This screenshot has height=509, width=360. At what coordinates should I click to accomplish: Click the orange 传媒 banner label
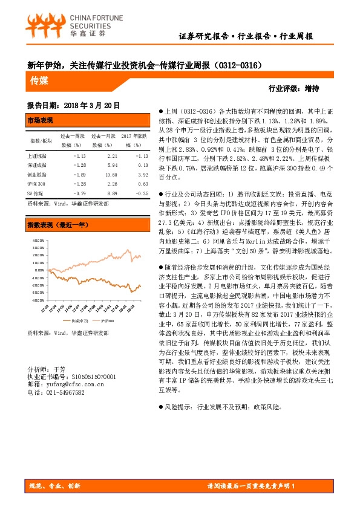click(41, 79)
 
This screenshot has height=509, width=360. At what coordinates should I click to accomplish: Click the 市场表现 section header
click(41, 120)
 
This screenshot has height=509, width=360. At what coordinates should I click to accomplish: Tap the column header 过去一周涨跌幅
click(71, 141)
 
